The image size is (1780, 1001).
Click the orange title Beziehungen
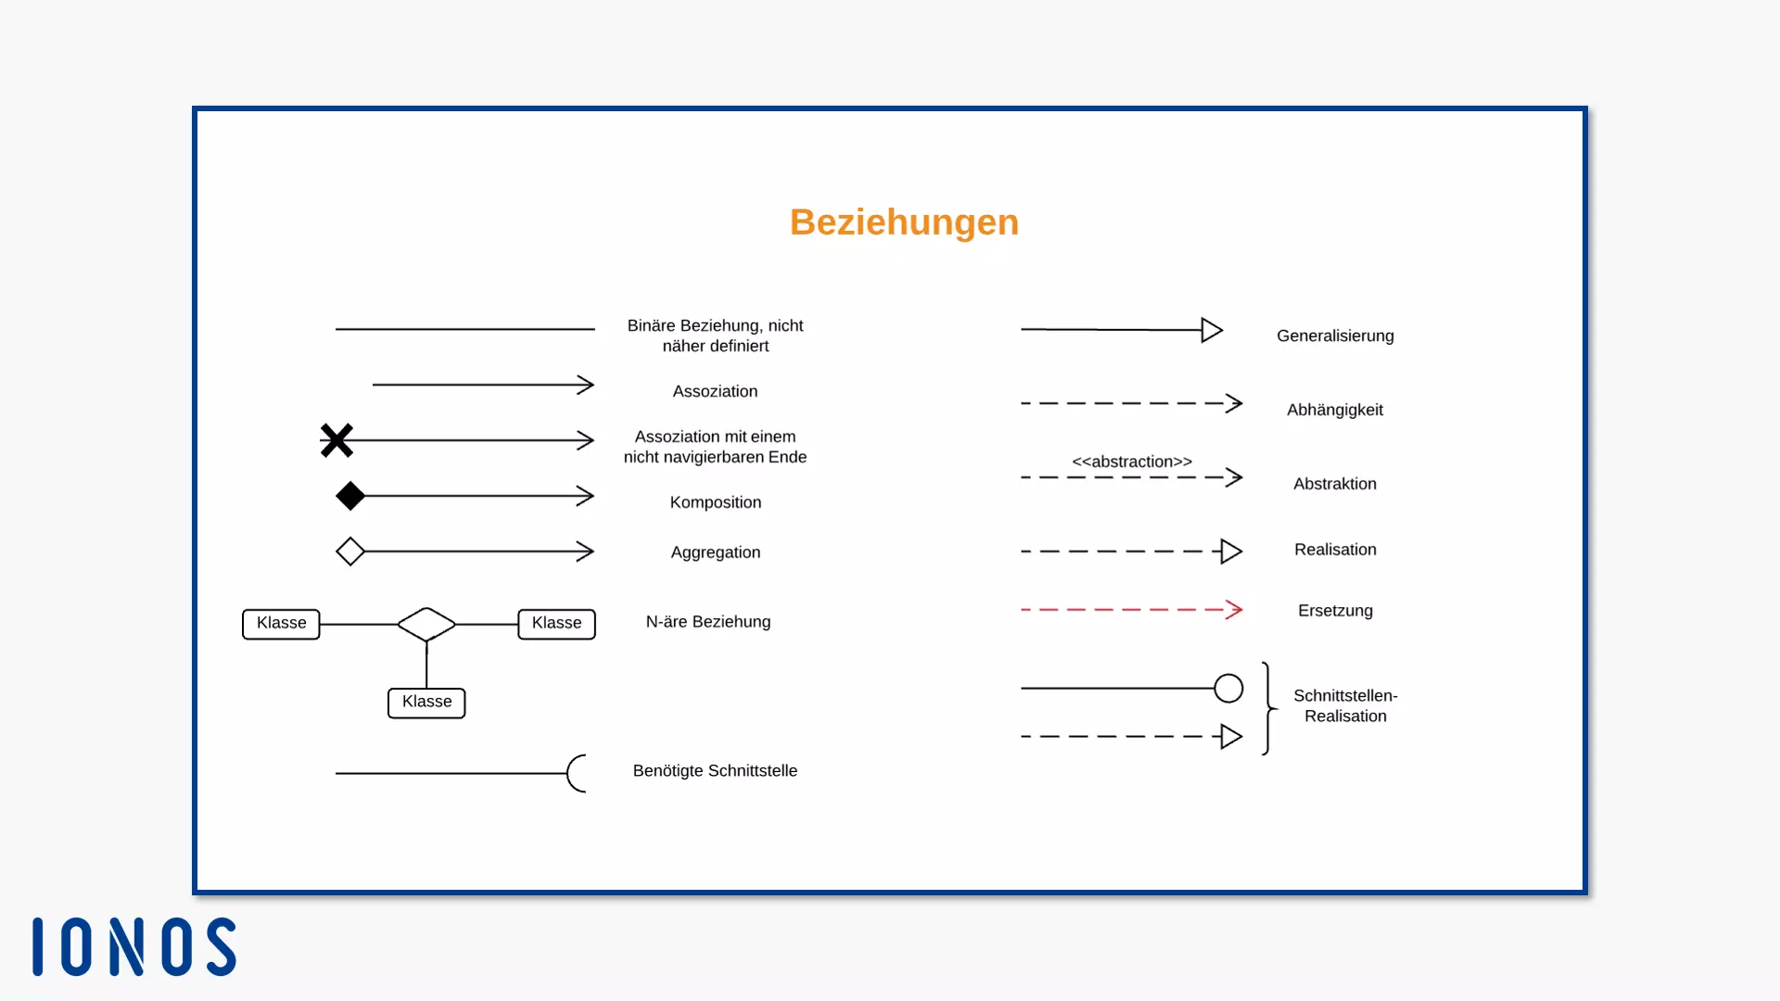tap(904, 222)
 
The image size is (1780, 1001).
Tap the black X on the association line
tap(337, 440)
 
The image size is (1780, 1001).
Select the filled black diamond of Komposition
tap(350, 496)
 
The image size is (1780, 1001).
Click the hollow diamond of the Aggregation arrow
tap(350, 551)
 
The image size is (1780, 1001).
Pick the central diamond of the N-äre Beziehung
tap(426, 624)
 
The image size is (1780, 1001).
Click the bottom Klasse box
tap(426, 703)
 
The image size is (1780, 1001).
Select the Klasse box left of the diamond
tap(281, 624)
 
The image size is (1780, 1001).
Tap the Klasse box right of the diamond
tap(556, 624)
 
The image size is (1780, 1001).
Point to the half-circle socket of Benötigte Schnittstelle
tap(577, 773)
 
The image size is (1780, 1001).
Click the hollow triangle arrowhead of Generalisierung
tap(1212, 330)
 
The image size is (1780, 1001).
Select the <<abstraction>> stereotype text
tap(1132, 462)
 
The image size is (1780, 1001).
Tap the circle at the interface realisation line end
tap(1228, 688)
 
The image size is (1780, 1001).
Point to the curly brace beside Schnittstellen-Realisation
tap(1267, 708)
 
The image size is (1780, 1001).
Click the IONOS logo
tap(134, 946)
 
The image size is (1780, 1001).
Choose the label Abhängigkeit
tap(1335, 410)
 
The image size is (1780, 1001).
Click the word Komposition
tap(716, 502)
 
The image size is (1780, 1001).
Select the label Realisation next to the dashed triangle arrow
tap(1335, 550)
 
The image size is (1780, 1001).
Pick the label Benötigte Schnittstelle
tap(715, 771)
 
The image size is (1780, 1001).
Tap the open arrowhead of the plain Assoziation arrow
tap(585, 385)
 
